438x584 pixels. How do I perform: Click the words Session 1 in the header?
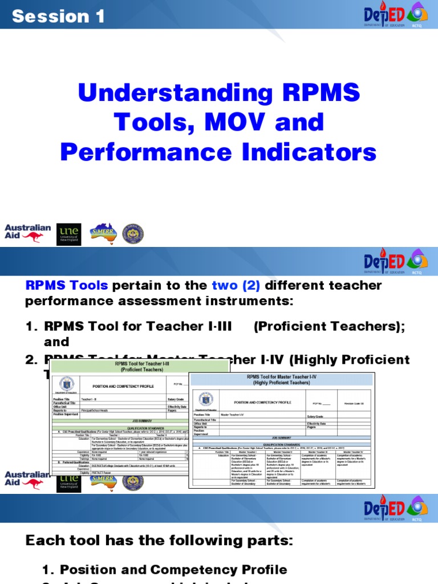[x=58, y=17]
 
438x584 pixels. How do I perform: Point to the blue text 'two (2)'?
[x=236, y=285]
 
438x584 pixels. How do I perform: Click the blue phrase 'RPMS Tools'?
[x=66, y=285]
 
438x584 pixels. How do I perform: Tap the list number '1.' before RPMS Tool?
[x=31, y=326]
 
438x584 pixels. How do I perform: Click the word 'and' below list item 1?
[x=56, y=342]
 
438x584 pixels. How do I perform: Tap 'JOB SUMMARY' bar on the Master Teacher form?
[x=282, y=437]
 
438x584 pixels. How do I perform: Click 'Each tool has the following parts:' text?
[x=159, y=541]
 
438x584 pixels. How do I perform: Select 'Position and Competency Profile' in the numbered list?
[x=173, y=569]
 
